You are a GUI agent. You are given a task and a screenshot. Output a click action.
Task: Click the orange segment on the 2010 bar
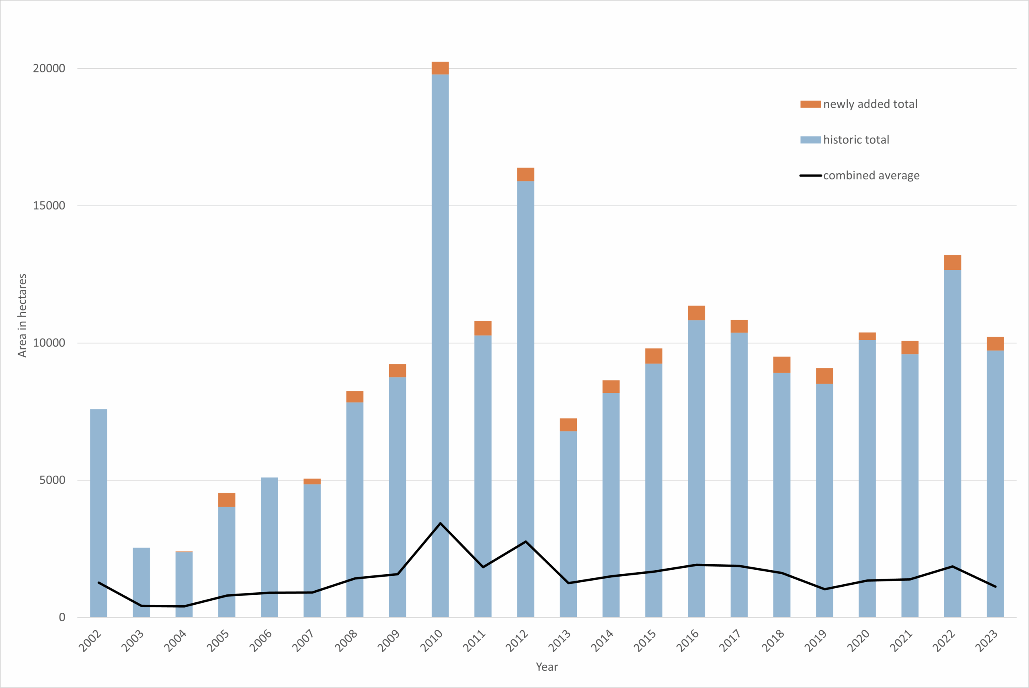(440, 68)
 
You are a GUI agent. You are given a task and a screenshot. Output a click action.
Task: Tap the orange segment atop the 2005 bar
(226, 500)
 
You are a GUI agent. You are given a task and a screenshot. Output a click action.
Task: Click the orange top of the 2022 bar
(952, 263)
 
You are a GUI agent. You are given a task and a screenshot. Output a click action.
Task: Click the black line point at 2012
(525, 542)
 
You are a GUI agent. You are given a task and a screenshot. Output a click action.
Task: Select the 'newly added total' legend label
(870, 104)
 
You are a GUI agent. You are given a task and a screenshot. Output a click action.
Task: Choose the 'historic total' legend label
(856, 140)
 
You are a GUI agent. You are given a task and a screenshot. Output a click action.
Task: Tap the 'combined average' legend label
(871, 175)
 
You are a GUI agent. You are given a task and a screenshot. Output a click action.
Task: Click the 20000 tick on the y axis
(49, 68)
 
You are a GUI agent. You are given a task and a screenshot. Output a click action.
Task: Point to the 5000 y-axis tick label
(52, 480)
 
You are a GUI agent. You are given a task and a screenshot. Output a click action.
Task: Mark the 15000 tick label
(49, 206)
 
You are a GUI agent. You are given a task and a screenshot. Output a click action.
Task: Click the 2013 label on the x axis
(559, 641)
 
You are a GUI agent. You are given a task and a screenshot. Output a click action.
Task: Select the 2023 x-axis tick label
(986, 641)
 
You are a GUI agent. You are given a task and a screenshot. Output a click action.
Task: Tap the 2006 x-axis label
(260, 641)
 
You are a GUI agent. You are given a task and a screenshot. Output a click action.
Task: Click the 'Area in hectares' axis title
(23, 316)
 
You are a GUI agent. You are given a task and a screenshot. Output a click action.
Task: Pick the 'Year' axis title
(547, 667)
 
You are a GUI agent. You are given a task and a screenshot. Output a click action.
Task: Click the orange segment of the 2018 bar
(782, 365)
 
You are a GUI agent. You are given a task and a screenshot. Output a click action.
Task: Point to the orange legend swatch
(810, 104)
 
